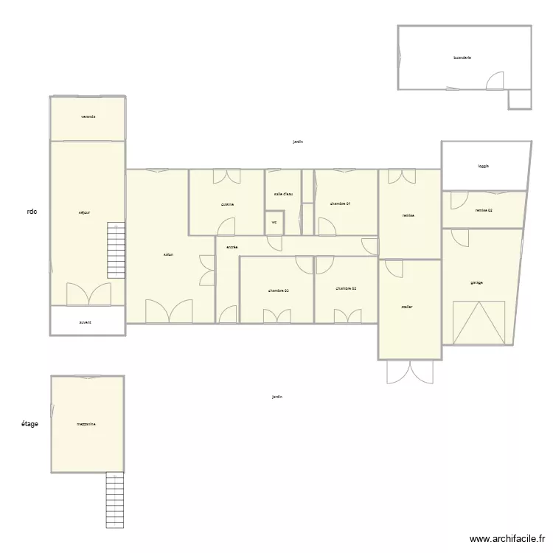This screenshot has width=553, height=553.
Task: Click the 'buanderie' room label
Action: [x=462, y=57]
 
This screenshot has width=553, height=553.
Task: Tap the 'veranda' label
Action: [x=88, y=117]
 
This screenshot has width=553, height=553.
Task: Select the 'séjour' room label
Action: [x=85, y=213]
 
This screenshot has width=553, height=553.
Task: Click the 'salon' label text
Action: [x=169, y=255]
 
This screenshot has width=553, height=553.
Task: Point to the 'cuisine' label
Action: [x=227, y=204]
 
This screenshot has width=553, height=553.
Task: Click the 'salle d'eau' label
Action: [x=283, y=194]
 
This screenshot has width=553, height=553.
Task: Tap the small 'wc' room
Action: [x=274, y=222]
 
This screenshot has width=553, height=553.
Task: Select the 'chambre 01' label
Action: [x=340, y=204]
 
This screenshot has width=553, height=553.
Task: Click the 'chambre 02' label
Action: [x=346, y=289]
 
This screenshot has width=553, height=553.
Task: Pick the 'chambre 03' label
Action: [x=278, y=291]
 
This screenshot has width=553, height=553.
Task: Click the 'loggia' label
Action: [x=483, y=166]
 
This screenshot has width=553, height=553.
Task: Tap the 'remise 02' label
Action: [x=484, y=211]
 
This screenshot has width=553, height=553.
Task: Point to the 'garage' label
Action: [x=477, y=282]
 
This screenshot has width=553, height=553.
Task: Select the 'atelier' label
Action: [x=407, y=306]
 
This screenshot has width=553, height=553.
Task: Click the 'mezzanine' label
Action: [x=86, y=424]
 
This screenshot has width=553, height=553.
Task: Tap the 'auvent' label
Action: [x=86, y=322]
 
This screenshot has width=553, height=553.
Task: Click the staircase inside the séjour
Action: [x=116, y=250]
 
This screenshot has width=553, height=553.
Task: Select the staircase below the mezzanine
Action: [x=114, y=500]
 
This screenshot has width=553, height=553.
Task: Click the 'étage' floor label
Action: [x=29, y=424]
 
